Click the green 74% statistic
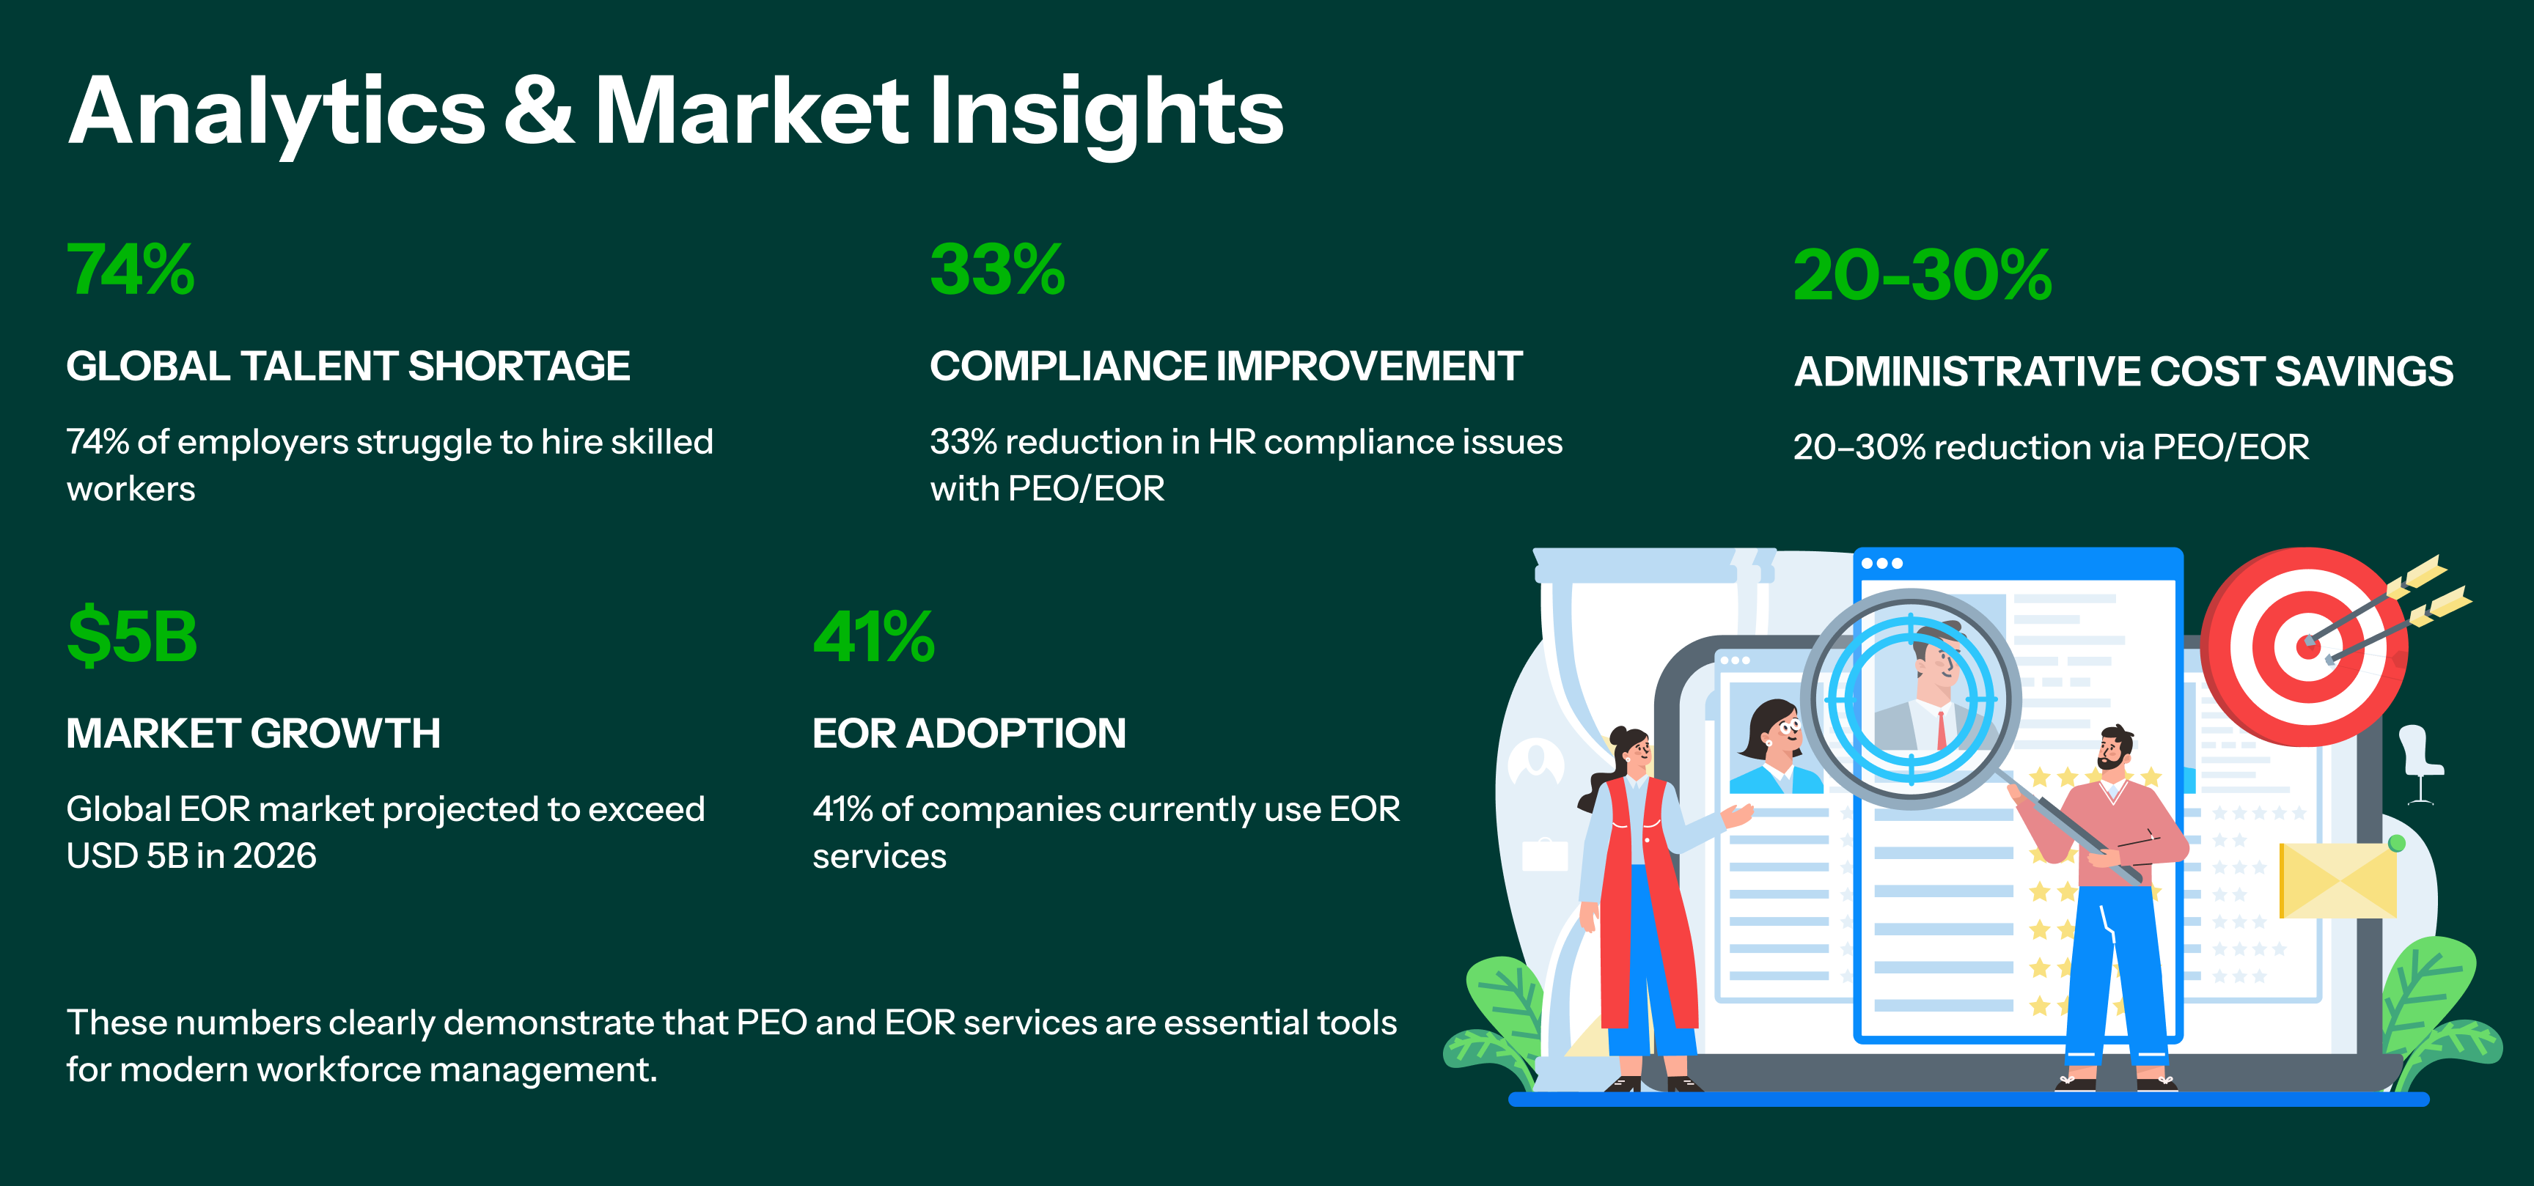(131, 270)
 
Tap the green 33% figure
(997, 270)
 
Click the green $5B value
(132, 636)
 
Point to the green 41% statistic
(873, 636)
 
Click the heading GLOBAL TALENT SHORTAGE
(348, 366)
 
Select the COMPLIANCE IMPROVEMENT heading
(1226, 366)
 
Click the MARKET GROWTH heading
(253, 733)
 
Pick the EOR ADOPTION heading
(969, 733)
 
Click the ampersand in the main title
(538, 111)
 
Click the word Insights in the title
(1106, 115)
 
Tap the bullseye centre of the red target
(2307, 646)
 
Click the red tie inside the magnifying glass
(1941, 729)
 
